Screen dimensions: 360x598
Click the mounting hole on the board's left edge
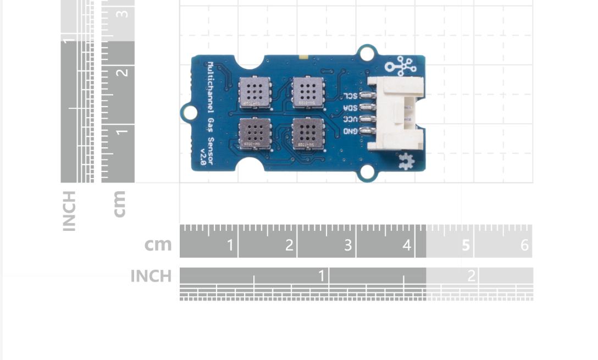[x=190, y=113]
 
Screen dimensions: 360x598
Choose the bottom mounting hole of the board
[x=366, y=174]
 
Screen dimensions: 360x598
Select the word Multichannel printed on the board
[x=211, y=82]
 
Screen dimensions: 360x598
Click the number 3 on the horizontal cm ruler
[x=347, y=245]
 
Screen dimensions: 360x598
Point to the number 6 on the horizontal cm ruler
[x=524, y=245]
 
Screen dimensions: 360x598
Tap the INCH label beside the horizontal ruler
[x=151, y=276]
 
